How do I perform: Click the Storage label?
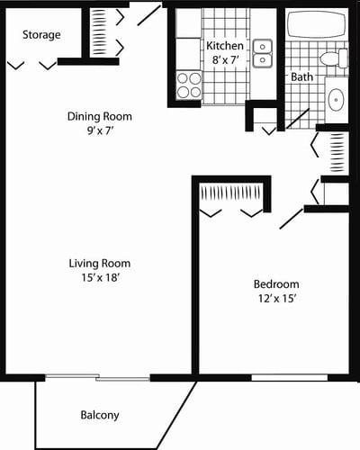coord(42,35)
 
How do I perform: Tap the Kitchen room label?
coord(223,46)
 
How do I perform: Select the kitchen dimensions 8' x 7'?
coord(223,59)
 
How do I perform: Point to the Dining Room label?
coord(100,116)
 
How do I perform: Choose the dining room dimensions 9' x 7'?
coord(100,130)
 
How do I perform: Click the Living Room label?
coord(100,264)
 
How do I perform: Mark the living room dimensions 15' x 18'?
coord(100,278)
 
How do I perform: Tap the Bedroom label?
coord(275,284)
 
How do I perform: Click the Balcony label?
coord(98,415)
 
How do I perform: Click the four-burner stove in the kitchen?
coord(189,85)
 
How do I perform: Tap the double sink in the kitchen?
coord(263,52)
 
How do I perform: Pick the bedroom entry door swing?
coord(292,217)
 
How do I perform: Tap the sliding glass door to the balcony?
coord(97,377)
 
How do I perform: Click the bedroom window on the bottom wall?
coord(276,377)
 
